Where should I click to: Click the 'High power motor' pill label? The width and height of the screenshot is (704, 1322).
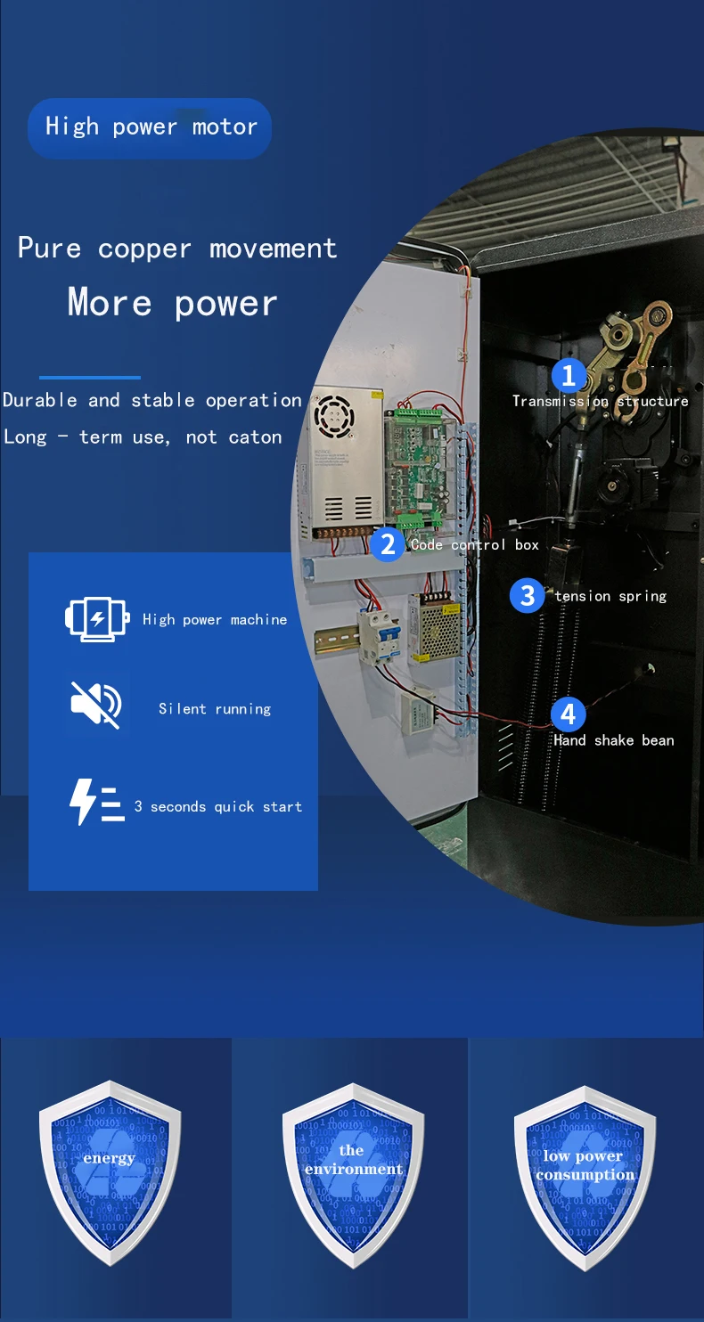(x=150, y=127)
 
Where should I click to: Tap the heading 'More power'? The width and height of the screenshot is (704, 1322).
(x=173, y=304)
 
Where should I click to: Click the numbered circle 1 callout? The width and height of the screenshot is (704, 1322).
(x=569, y=375)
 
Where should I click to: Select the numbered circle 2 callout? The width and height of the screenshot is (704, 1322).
(x=388, y=544)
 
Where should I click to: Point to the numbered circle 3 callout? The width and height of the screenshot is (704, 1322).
(x=527, y=595)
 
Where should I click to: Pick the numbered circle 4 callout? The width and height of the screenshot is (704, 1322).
(x=569, y=714)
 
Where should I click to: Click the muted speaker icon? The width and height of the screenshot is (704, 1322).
(x=96, y=705)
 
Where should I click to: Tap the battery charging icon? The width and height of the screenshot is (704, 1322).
(x=97, y=618)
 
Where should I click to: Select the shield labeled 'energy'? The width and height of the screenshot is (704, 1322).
(x=110, y=1171)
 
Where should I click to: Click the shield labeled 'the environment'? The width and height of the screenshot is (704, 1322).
(x=353, y=1174)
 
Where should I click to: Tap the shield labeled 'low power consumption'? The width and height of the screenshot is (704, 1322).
(x=585, y=1178)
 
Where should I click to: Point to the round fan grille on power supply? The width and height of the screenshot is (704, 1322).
(x=333, y=415)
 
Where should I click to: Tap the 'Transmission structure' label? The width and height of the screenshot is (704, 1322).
(x=600, y=401)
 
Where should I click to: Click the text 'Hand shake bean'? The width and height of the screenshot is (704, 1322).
(x=614, y=740)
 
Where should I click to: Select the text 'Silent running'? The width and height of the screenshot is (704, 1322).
(x=215, y=709)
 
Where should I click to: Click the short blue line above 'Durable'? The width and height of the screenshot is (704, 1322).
(x=90, y=377)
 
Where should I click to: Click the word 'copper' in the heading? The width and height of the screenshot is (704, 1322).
(x=144, y=249)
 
